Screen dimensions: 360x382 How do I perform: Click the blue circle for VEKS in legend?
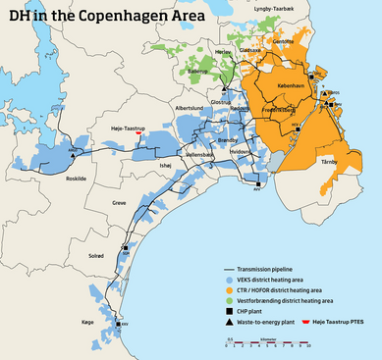tap(230, 280)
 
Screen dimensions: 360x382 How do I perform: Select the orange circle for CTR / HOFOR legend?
tap(230, 291)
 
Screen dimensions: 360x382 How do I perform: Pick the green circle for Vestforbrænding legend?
tap(230, 302)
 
